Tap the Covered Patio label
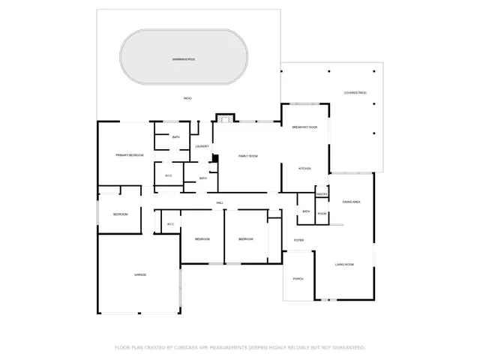click(355, 92)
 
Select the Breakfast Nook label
click(304, 128)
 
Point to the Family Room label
click(247, 155)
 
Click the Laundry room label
click(202, 146)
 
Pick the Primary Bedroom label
click(129, 154)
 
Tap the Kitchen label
click(304, 168)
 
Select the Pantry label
click(322, 194)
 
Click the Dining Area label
click(352, 202)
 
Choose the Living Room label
click(344, 265)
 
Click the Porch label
click(298, 279)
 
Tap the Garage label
click(139, 274)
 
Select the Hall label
click(220, 202)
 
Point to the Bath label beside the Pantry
click(306, 211)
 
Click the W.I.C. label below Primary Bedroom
click(169, 176)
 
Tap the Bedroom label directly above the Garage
click(120, 214)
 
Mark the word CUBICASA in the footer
click(187, 347)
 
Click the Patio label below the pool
click(187, 98)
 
